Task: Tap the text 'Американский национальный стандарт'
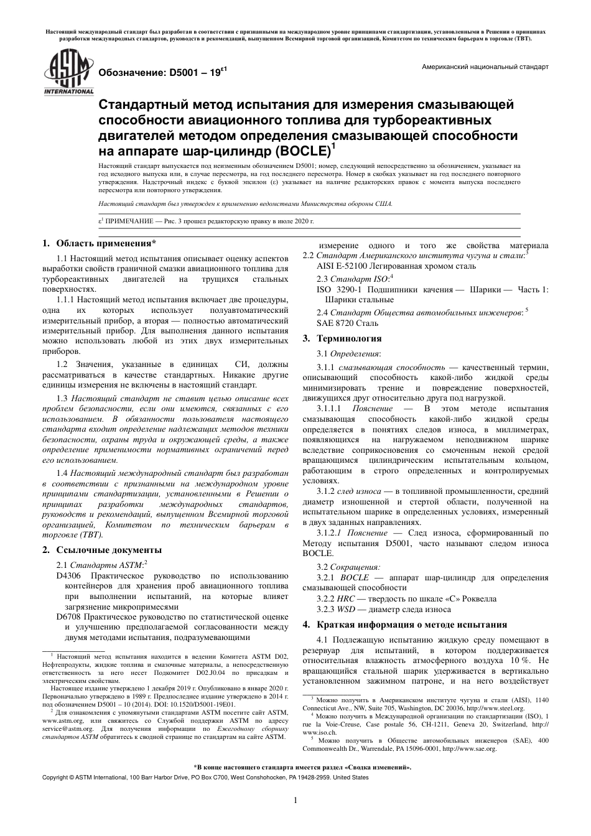click(x=485, y=67)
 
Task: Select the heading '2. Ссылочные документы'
click(x=101, y=550)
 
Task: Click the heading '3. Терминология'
click(x=342, y=339)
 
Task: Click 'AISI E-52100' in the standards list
click(x=345, y=266)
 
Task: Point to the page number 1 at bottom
click(x=295, y=800)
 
